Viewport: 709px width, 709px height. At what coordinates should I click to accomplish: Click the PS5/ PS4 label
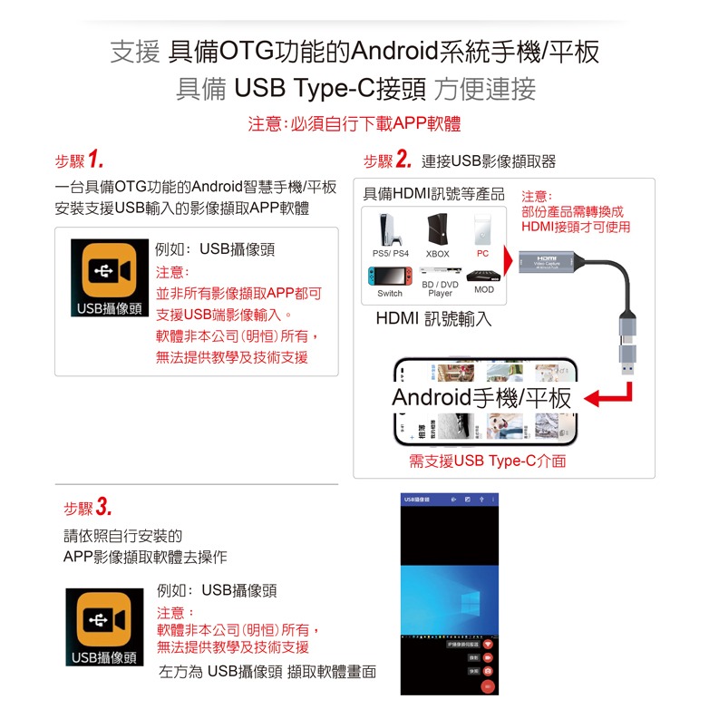point(391,254)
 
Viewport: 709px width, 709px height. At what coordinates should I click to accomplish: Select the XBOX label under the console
point(437,254)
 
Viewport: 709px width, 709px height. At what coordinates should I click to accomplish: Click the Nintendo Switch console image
point(390,277)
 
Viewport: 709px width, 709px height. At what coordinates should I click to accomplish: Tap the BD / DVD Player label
point(440,289)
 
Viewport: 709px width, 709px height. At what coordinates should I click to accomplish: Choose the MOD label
point(484,289)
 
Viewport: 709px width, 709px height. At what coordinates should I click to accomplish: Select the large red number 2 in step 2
point(403,161)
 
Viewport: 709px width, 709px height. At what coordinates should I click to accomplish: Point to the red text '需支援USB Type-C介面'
point(487,461)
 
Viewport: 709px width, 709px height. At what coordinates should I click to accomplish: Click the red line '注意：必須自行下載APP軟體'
point(354,124)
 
